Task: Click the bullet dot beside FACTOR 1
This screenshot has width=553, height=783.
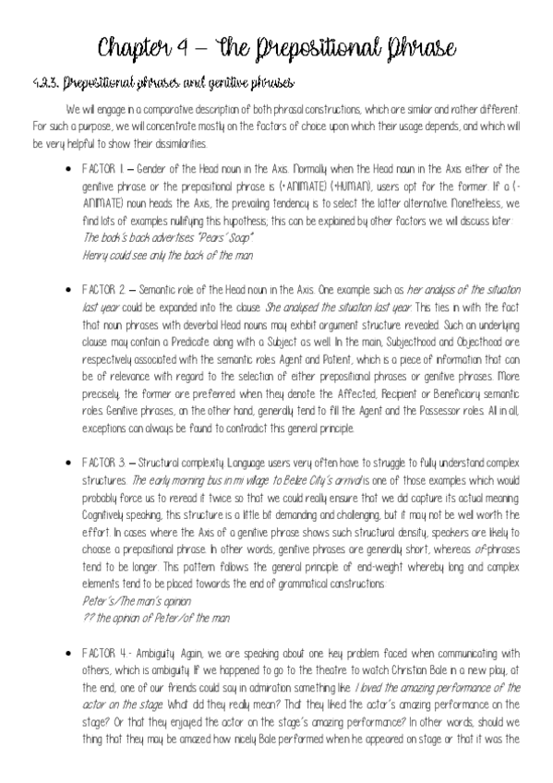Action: click(x=70, y=170)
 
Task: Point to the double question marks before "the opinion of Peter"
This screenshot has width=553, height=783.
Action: click(x=88, y=617)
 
